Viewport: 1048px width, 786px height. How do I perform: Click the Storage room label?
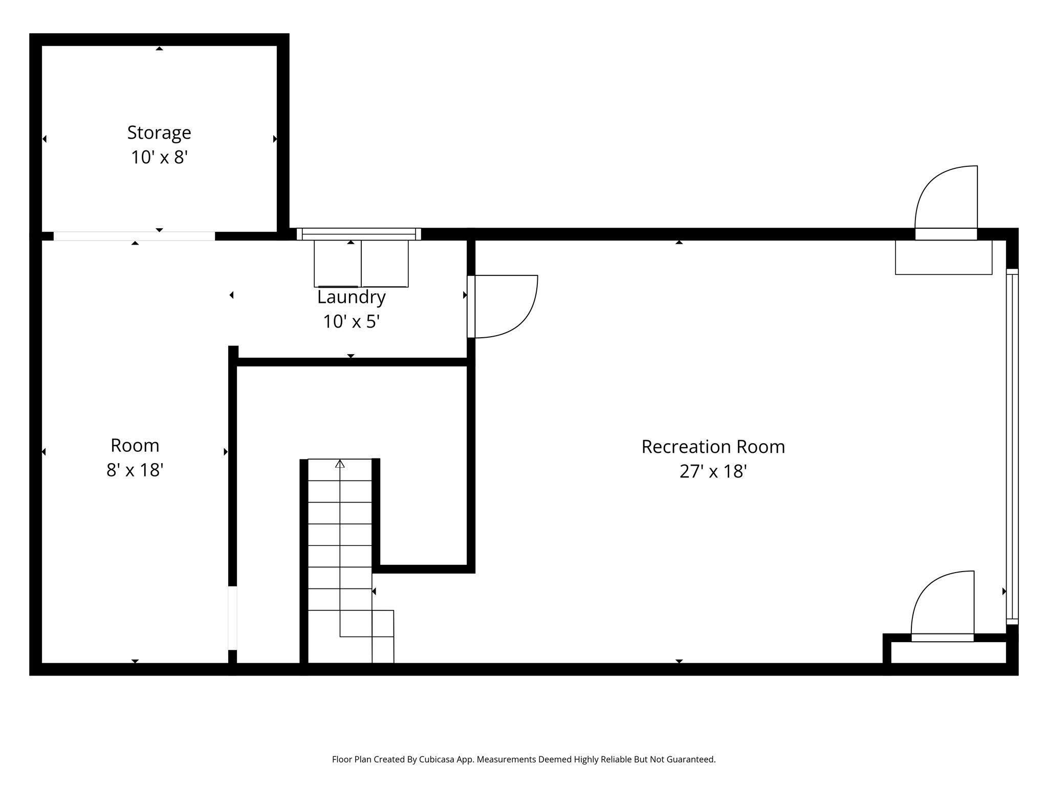(x=159, y=133)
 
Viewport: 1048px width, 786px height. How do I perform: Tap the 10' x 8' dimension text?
(x=159, y=157)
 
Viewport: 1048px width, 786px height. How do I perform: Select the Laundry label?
(x=351, y=297)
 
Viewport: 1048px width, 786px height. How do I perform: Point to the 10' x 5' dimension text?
(x=351, y=321)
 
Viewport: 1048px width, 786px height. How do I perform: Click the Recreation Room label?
(x=713, y=447)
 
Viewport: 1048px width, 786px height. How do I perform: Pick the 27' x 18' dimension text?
(x=713, y=471)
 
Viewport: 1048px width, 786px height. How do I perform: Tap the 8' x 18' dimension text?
(x=135, y=470)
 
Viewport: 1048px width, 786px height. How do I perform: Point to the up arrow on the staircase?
(x=340, y=464)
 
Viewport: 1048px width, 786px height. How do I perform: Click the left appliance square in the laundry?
(x=337, y=264)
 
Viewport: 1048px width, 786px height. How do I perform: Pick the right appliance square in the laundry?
(x=385, y=264)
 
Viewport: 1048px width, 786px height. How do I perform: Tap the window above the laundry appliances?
(x=359, y=234)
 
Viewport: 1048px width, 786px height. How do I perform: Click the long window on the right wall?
(x=1012, y=445)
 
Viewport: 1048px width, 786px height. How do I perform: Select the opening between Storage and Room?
(x=134, y=236)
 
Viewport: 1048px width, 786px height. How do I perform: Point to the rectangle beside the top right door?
(x=943, y=257)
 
